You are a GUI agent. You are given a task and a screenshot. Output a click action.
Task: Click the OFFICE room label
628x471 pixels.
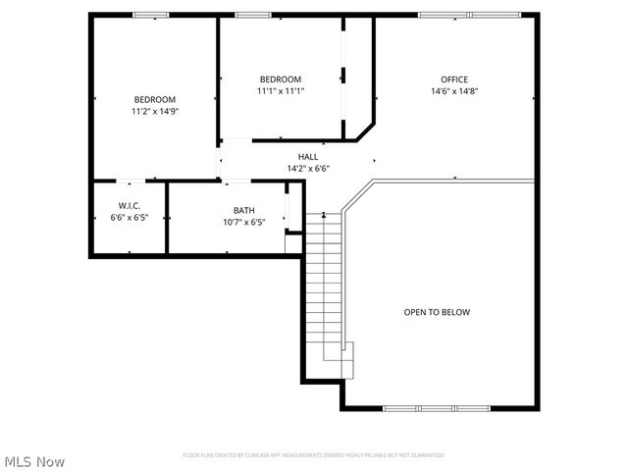coord(453,79)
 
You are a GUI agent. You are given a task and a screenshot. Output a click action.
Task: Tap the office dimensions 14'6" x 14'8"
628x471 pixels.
coord(453,91)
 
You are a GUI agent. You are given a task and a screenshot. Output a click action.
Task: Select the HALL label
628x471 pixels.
coord(308,156)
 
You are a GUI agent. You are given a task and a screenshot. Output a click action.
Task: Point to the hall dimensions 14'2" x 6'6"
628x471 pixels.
coord(308,168)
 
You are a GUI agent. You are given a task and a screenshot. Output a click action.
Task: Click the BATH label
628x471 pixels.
coord(243,210)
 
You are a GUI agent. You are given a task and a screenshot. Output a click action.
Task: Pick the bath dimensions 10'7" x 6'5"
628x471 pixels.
coord(243,222)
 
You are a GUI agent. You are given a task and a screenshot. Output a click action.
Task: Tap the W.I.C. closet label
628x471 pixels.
coord(129,205)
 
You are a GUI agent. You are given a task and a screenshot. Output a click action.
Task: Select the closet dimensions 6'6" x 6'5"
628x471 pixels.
coord(129,217)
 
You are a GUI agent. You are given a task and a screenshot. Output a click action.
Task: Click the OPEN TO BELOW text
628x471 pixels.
coord(437,312)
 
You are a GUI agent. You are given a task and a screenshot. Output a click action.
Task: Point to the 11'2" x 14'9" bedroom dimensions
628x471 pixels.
coord(155,111)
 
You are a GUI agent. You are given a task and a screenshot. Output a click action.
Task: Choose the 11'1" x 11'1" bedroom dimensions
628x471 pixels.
coord(281,91)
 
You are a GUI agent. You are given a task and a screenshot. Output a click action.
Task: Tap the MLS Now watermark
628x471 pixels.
coord(34,460)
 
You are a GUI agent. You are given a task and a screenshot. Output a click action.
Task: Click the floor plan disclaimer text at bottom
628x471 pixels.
coord(313,455)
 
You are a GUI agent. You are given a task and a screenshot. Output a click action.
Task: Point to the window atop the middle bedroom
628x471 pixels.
coord(253,15)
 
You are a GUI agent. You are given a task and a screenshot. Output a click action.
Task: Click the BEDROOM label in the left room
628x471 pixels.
coord(155,99)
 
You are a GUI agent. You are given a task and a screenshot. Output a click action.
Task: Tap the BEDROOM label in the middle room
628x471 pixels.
coord(281,79)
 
